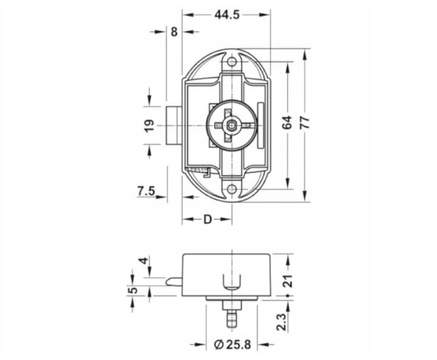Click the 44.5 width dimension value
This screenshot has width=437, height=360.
[227, 15]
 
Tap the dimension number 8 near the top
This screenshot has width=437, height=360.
[174, 32]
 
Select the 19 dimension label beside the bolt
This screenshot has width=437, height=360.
[150, 126]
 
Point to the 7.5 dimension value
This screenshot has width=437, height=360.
[146, 191]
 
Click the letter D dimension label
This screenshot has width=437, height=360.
[208, 219]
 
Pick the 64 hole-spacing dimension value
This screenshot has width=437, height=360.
[287, 122]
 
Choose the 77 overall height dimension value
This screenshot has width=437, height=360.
[306, 122]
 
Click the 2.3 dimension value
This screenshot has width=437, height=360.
[282, 322]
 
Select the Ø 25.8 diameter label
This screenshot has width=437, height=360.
[233, 344]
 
